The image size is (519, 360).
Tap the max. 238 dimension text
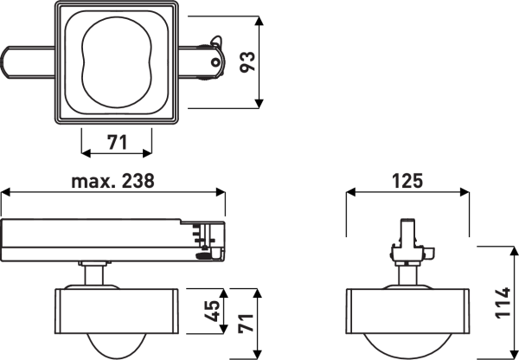pos(112,181)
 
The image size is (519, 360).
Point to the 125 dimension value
pos(407,181)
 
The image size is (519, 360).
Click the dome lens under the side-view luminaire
pos(117,344)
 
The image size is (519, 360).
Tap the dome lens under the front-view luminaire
pos(407,344)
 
